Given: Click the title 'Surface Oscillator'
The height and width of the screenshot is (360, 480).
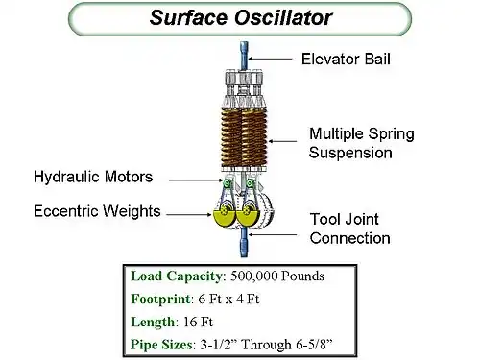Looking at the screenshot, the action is coord(241,17).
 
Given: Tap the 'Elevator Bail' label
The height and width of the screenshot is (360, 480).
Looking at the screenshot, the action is coord(346,60).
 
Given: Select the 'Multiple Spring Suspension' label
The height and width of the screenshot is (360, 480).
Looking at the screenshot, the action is coord(362,143).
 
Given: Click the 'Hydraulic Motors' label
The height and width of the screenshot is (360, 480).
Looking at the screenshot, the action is coord(93,177).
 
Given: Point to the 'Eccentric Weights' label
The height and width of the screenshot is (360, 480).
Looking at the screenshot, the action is coord(97,211).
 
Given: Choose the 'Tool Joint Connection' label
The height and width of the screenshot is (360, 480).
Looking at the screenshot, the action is coord(349,228).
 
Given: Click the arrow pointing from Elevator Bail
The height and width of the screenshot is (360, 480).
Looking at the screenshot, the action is coord(271,59).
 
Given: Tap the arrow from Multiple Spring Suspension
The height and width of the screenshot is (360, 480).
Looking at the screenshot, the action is coord(282,141).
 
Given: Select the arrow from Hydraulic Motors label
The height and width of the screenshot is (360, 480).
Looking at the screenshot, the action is coord(196,180).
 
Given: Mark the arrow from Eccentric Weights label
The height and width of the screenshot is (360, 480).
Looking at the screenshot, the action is coord(189,214).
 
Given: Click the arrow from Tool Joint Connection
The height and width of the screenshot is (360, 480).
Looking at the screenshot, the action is coord(273,234).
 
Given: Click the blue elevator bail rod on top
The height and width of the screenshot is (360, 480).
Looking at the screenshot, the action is coord(244,56).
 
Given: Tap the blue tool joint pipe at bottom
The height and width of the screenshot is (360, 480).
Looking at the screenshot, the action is coord(244,242).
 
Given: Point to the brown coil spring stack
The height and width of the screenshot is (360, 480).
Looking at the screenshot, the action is coord(244,137).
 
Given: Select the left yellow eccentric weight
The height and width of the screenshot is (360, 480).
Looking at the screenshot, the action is coord(224,219).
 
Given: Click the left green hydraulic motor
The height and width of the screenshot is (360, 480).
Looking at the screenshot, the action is coord(227,183).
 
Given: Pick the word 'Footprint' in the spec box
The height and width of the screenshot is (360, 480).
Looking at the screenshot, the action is coord(161,300).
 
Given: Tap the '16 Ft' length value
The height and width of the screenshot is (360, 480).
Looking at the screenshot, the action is coord(198,322).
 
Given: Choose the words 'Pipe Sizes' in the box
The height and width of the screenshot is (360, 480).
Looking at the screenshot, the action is coord(161,345).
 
